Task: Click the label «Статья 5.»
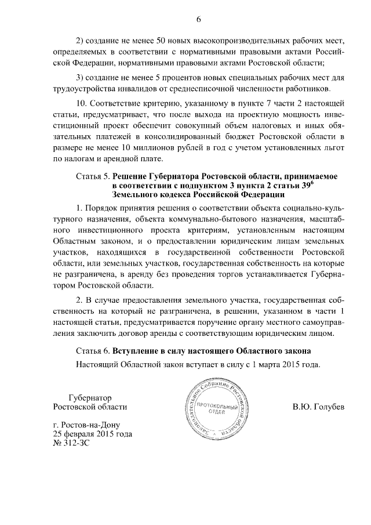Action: point(92,175)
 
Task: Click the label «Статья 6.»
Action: point(92,352)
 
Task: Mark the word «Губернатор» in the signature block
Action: point(90,397)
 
